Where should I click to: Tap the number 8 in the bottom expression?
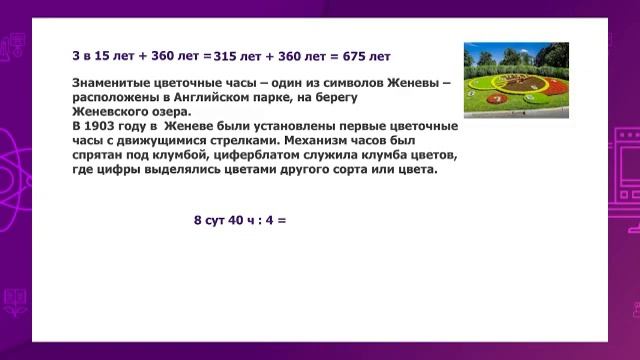pyautogui.click(x=197, y=219)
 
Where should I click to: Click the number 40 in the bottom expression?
pyautogui.click(x=233, y=219)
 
